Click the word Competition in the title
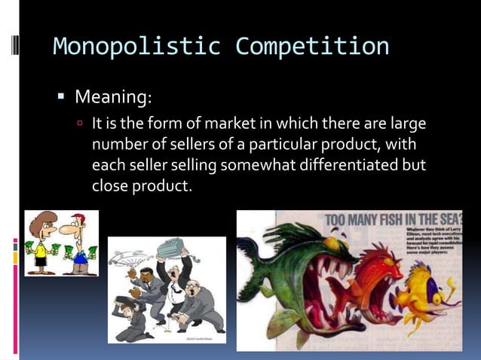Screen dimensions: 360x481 [x=312, y=47]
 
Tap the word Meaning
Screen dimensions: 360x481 [x=112, y=97]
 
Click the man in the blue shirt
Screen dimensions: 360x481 [x=78, y=245]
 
